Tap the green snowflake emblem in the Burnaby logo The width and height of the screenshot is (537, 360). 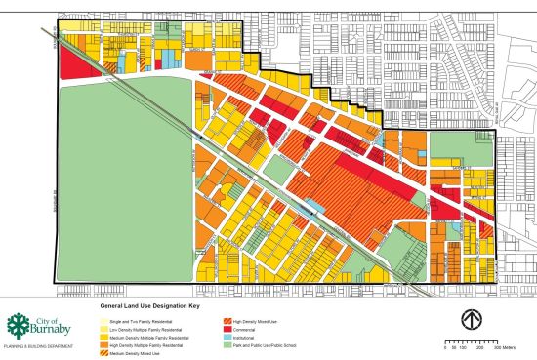click(19, 326)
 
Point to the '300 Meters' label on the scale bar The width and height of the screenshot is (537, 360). click(512, 346)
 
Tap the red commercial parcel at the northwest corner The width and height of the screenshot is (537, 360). click(70, 62)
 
